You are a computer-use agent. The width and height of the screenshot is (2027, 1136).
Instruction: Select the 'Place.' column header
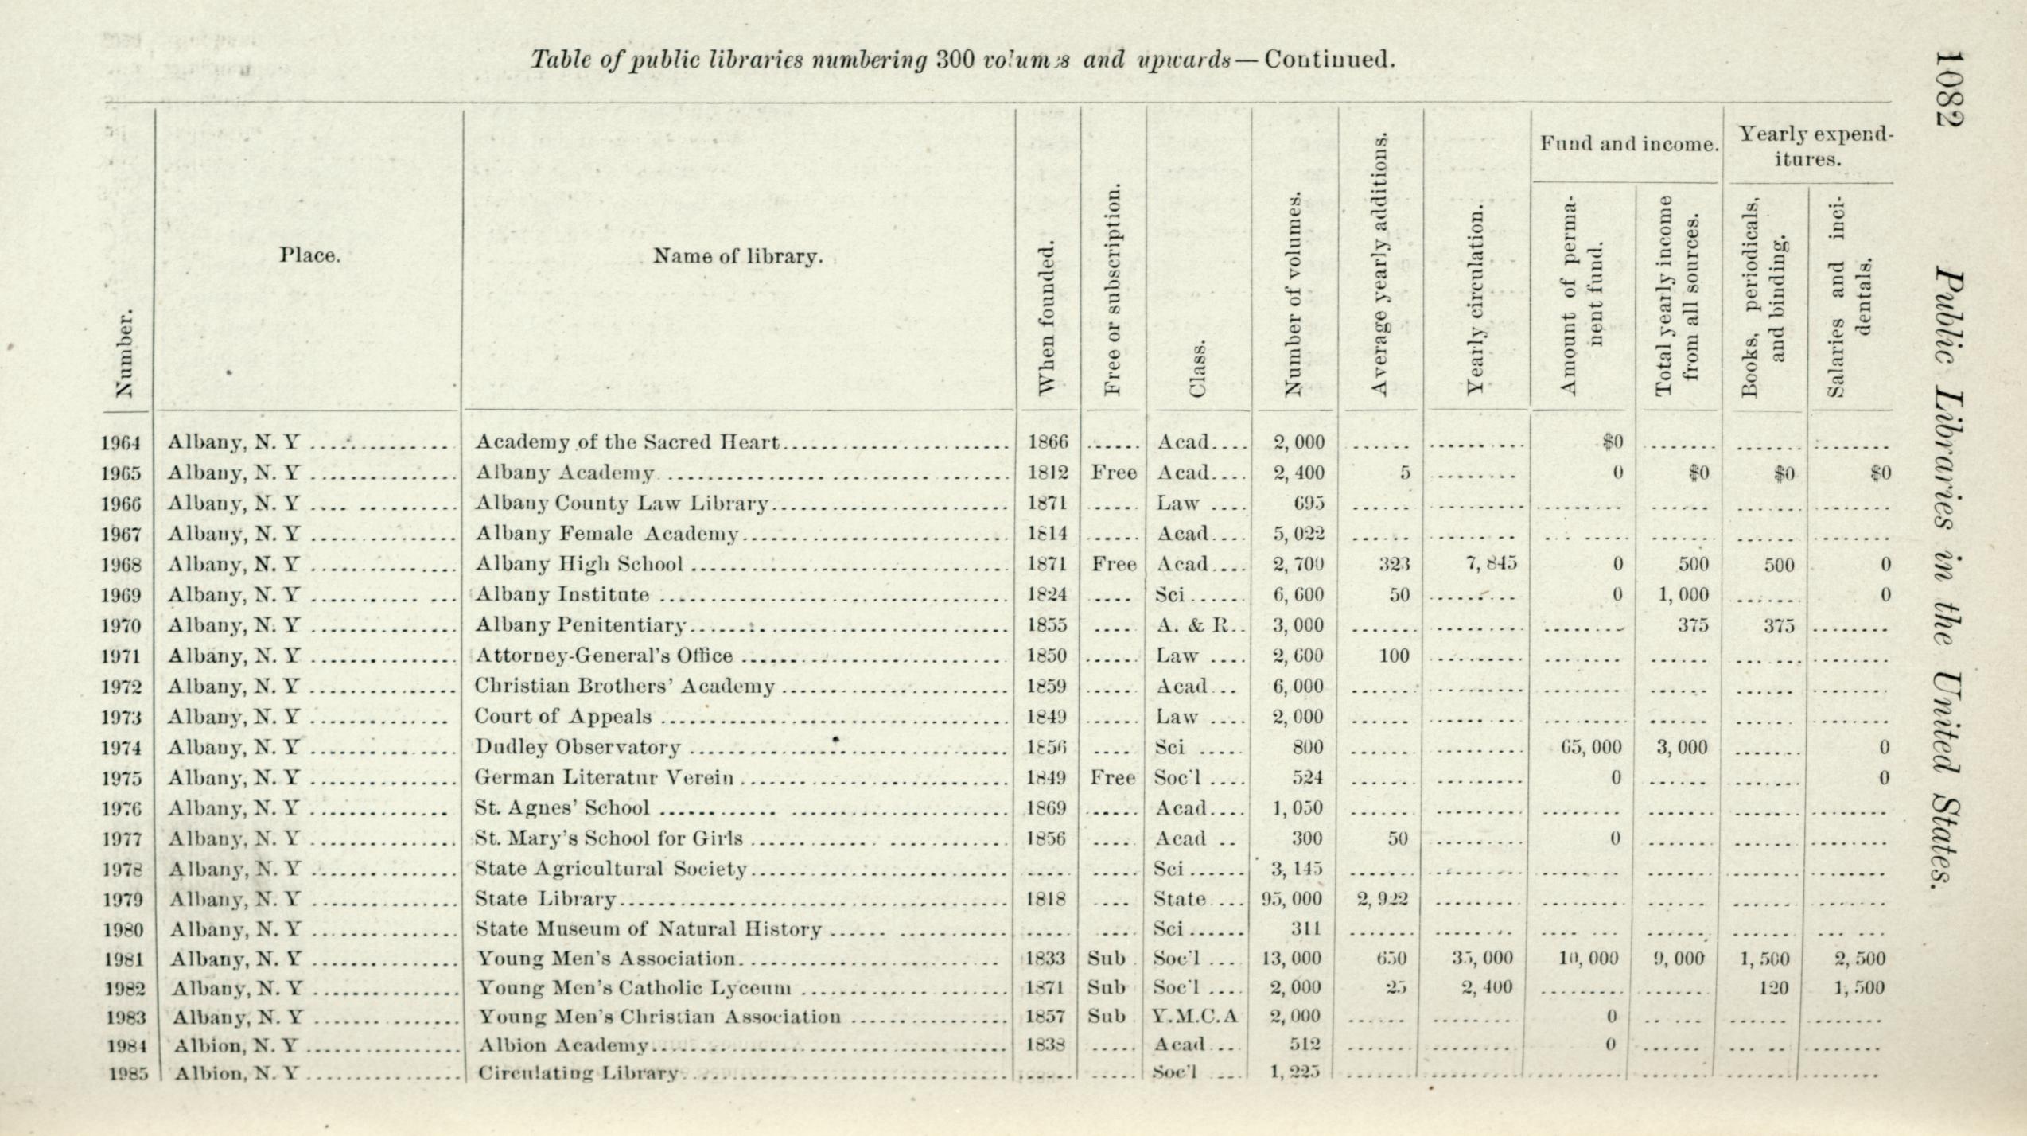[309, 256]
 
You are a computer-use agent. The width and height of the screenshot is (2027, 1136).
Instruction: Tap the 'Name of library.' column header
[737, 256]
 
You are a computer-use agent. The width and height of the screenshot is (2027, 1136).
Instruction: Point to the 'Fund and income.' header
[1628, 144]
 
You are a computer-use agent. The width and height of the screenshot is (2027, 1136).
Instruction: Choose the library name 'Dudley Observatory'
[578, 747]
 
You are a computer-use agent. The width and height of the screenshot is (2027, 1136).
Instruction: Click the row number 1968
[121, 564]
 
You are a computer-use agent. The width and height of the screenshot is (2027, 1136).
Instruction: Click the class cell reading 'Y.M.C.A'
[1195, 1017]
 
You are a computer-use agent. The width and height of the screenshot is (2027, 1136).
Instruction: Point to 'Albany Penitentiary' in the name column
[580, 625]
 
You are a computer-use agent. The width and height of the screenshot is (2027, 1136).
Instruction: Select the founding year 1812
[1048, 473]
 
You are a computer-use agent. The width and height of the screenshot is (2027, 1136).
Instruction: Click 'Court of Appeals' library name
[562, 717]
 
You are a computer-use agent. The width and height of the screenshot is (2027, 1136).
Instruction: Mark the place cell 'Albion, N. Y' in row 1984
[235, 1045]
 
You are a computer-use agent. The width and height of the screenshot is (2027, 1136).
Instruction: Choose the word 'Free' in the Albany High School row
[1113, 564]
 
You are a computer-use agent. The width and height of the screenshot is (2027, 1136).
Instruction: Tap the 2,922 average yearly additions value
[1383, 899]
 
